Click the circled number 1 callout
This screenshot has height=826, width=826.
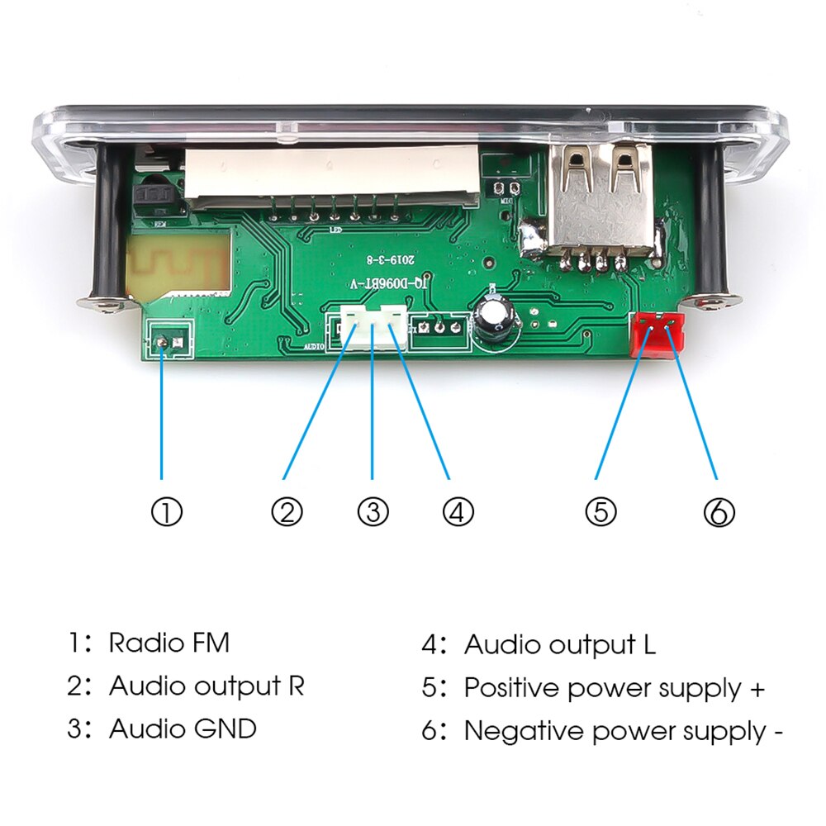pyautogui.click(x=166, y=513)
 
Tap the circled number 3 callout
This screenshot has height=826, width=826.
pyautogui.click(x=373, y=513)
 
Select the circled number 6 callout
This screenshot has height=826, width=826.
pyautogui.click(x=719, y=513)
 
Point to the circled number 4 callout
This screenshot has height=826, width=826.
pyautogui.click(x=458, y=513)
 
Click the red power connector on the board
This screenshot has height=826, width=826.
pyautogui.click(x=657, y=335)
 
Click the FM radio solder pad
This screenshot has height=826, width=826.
pyautogui.click(x=164, y=340)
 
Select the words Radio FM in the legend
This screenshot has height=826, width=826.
pyautogui.click(x=169, y=642)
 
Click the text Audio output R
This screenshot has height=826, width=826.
pyautogui.click(x=206, y=686)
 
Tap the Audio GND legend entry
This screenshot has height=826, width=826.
pyautogui.click(x=183, y=729)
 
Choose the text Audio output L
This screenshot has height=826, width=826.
pyautogui.click(x=560, y=644)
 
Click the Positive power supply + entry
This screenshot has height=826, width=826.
pyautogui.click(x=614, y=687)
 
